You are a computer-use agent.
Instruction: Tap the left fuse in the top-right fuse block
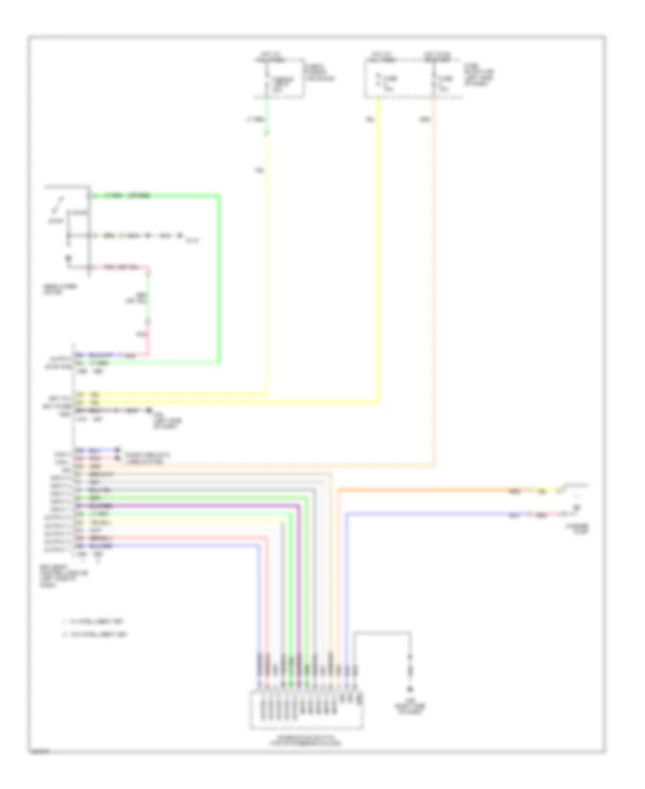[x=378, y=81]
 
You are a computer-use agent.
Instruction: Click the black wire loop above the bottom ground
[x=383, y=633]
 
